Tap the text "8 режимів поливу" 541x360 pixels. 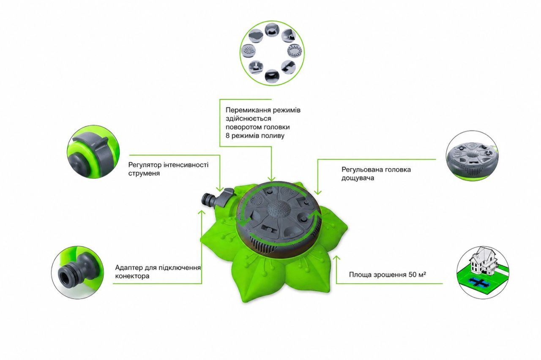coord(255,136)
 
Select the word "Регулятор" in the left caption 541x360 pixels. coord(145,165)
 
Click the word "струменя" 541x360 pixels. coord(144,173)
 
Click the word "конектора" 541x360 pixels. coord(132,276)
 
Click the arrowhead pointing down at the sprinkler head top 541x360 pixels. coord(271,179)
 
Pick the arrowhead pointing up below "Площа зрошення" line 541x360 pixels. coord(336,258)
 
